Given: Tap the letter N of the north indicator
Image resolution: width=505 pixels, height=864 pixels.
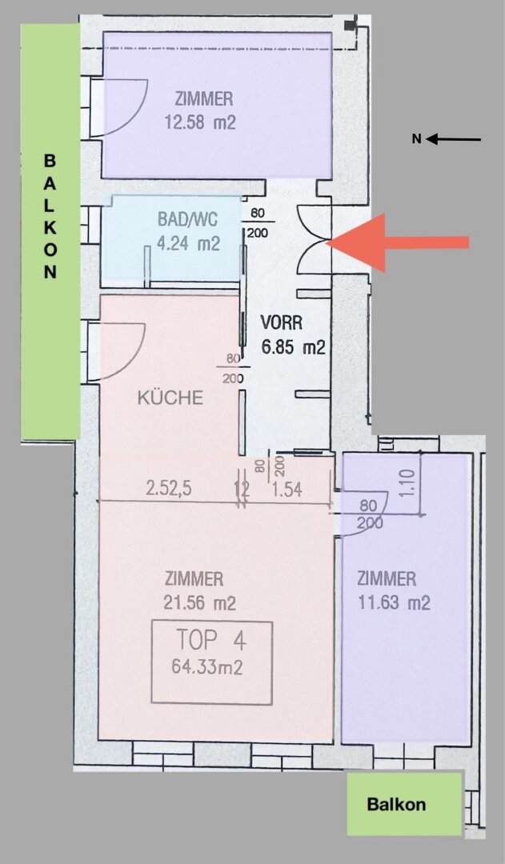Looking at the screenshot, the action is click(417, 139).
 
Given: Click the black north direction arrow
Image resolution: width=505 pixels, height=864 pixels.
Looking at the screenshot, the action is click(453, 139).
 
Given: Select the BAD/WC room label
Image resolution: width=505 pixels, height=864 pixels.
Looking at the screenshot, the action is click(187, 219).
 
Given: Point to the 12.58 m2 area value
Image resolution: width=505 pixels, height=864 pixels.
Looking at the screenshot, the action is click(200, 122).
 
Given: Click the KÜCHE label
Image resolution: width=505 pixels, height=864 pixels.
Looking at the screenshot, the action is click(170, 398).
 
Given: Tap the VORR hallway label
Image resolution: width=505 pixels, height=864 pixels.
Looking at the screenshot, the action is click(281, 322).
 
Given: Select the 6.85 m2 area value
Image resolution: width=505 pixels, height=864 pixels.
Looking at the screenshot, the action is click(293, 347).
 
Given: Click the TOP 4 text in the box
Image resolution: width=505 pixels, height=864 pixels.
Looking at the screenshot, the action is click(211, 641).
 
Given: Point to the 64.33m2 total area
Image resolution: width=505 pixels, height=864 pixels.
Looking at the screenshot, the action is click(207, 666).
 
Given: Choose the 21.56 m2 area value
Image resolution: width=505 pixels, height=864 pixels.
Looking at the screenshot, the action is click(199, 603).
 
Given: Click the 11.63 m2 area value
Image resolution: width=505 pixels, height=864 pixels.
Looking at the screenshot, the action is click(394, 603).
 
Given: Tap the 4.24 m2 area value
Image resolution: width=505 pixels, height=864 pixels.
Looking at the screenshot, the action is click(188, 243).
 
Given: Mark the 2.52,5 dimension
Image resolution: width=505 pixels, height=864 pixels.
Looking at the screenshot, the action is click(169, 489).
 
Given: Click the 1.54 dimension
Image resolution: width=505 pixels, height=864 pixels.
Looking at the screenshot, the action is click(287, 489).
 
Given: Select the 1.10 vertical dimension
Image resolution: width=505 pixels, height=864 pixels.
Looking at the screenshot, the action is click(408, 483).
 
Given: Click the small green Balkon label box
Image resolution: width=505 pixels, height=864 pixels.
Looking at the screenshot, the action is click(404, 804).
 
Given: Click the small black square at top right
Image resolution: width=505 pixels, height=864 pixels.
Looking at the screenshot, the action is click(349, 26).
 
